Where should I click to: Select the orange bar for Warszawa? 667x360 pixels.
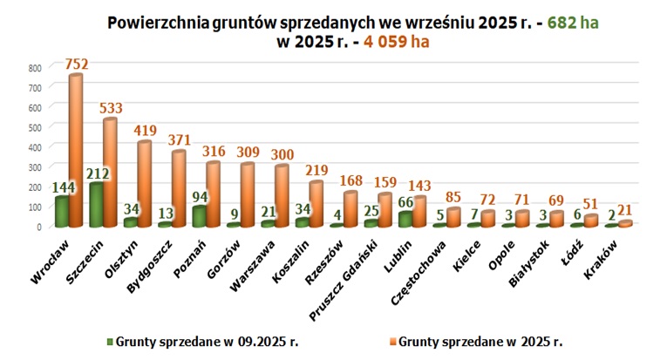[282, 196]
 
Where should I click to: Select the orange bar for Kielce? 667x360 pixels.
[488, 219]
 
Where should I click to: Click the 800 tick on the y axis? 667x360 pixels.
[34, 67]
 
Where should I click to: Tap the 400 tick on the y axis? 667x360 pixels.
[34, 146]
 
